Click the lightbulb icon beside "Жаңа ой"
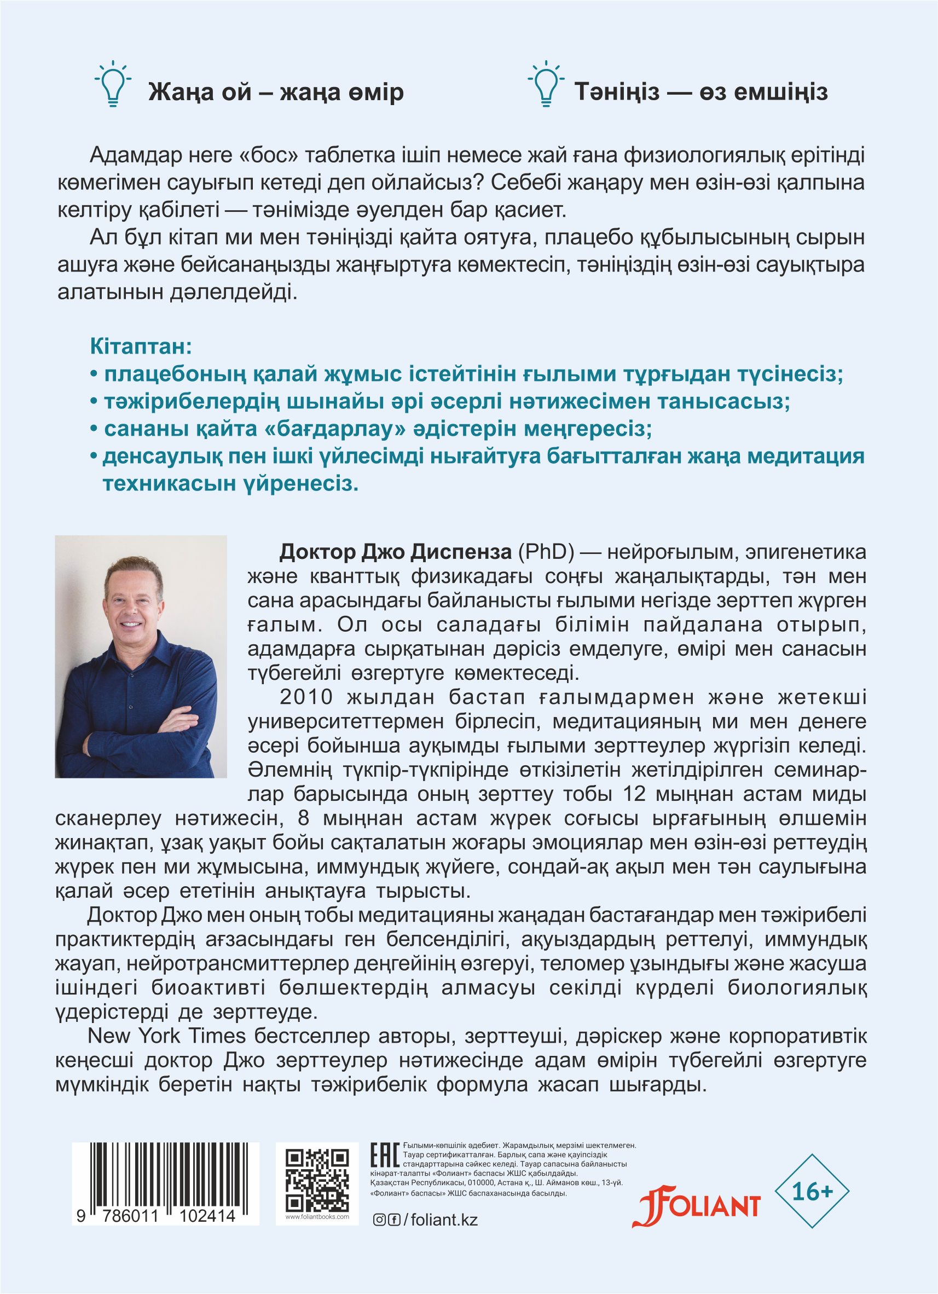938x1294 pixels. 113,84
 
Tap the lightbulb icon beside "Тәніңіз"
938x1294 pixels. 546,84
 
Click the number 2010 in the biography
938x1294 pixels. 306,697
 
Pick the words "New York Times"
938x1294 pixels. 166,1036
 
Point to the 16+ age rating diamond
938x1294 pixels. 812,1191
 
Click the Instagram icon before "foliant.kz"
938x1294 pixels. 379,1220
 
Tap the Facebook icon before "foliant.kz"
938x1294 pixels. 393,1220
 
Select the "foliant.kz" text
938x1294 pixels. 444,1220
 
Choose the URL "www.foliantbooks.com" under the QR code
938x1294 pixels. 317,1217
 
